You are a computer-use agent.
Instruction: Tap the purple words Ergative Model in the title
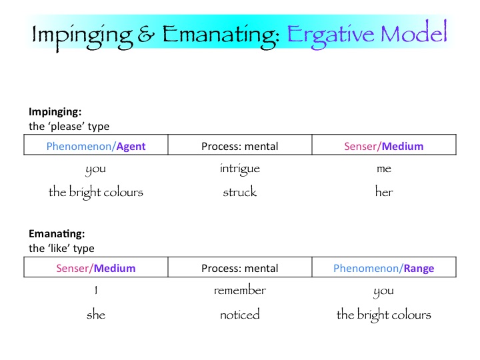367,34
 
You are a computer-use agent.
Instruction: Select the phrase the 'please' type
69,126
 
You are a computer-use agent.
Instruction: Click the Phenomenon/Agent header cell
96,146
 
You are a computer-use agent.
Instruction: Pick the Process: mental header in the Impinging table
239,146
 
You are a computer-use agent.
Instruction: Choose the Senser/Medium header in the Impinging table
383,146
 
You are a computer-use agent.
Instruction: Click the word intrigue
239,169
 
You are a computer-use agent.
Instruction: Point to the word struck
239,192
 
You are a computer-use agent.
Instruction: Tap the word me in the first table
384,169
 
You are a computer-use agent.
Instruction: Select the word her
384,192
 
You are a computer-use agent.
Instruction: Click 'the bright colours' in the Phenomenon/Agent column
96,192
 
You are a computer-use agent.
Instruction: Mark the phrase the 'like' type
61,248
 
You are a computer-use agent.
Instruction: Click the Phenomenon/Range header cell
383,269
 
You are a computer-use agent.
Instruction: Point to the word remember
240,291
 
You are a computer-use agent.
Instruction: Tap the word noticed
239,315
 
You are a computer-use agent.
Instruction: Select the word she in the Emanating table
96,315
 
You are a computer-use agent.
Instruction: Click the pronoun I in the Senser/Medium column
96,291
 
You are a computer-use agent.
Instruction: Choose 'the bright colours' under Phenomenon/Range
384,315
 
